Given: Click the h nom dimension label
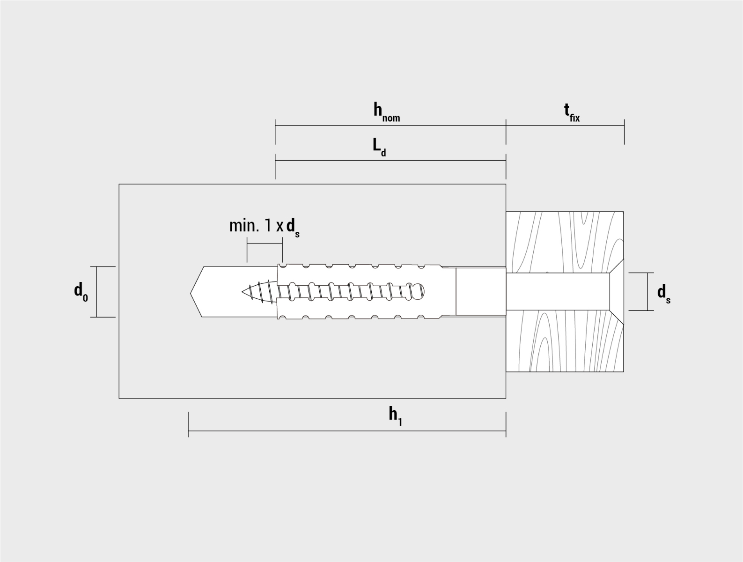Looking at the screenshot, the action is point(387,112).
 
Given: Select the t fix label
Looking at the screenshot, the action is point(572,113).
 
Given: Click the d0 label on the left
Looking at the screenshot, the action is point(81,292).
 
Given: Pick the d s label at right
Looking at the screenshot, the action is point(664,294).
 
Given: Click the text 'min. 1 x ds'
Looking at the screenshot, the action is point(265,227).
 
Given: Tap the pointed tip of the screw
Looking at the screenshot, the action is point(243,291).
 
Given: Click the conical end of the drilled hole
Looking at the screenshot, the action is point(196,292).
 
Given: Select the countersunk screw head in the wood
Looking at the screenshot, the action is point(617,291).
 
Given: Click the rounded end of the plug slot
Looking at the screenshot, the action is point(421,291).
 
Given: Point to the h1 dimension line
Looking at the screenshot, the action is point(347,431).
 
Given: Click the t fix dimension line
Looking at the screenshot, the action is point(565,126).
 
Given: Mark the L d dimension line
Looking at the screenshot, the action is point(390,161).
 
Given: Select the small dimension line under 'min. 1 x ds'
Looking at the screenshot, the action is point(265,243).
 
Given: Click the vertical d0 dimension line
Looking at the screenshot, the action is point(96,292).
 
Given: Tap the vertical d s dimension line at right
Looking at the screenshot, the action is point(647,291).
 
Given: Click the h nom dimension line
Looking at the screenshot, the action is point(390,126).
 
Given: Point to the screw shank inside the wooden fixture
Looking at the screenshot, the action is point(558,291).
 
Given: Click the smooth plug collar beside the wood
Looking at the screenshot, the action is point(481,291).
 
